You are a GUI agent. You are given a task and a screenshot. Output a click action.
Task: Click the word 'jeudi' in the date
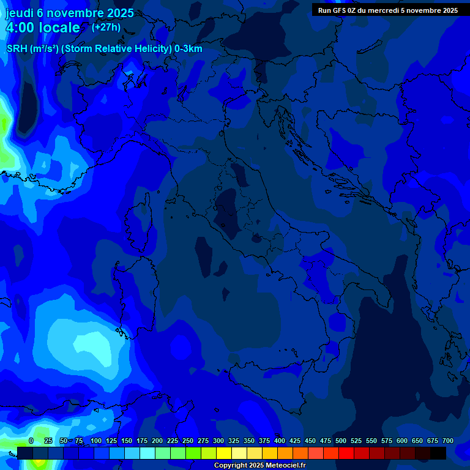(20, 13)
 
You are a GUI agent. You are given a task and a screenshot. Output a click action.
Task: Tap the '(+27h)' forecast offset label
(106, 27)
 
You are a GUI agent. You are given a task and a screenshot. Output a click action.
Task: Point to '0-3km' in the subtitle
(188, 49)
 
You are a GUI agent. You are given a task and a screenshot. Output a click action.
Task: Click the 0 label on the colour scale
(31, 441)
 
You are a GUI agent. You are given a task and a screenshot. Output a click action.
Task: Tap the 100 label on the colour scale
(96, 441)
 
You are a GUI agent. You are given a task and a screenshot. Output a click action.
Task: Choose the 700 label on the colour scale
(448, 441)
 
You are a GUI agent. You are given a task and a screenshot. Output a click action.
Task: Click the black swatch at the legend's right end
(438, 453)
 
